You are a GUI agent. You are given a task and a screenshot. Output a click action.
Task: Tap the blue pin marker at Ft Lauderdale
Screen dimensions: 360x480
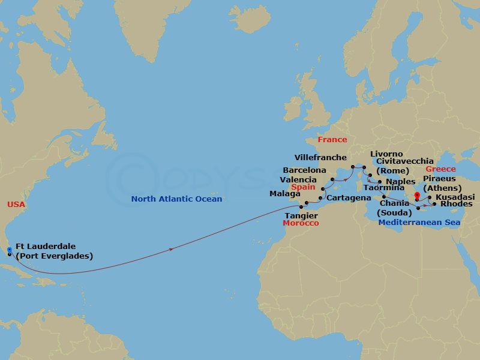[x=10, y=248]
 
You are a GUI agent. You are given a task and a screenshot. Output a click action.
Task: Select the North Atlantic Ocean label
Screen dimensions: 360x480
[x=177, y=199]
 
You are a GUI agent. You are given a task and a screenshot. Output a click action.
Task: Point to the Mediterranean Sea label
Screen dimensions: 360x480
[x=419, y=223]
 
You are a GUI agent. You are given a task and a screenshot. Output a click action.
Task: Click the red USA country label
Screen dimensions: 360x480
[x=16, y=205]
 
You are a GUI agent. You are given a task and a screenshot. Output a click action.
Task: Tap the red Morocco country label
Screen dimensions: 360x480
[x=301, y=223]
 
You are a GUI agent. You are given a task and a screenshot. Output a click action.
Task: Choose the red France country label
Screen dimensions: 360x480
[x=332, y=140]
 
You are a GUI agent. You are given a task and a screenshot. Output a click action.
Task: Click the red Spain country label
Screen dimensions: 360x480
[x=303, y=187]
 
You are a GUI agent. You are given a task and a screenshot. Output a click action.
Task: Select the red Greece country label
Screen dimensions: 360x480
[x=440, y=169]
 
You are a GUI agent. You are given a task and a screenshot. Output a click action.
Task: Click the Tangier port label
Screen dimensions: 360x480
[x=302, y=215]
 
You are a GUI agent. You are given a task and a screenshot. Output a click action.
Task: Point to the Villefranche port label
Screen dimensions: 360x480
[x=320, y=158]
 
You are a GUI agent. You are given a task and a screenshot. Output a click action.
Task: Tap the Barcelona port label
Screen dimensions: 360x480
[x=304, y=170]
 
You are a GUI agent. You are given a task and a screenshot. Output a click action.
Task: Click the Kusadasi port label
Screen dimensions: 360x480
[x=455, y=197]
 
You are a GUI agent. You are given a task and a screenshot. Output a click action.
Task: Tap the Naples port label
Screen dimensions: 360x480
[x=401, y=181]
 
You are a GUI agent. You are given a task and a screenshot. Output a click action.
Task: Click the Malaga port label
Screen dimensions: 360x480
[x=285, y=194]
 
